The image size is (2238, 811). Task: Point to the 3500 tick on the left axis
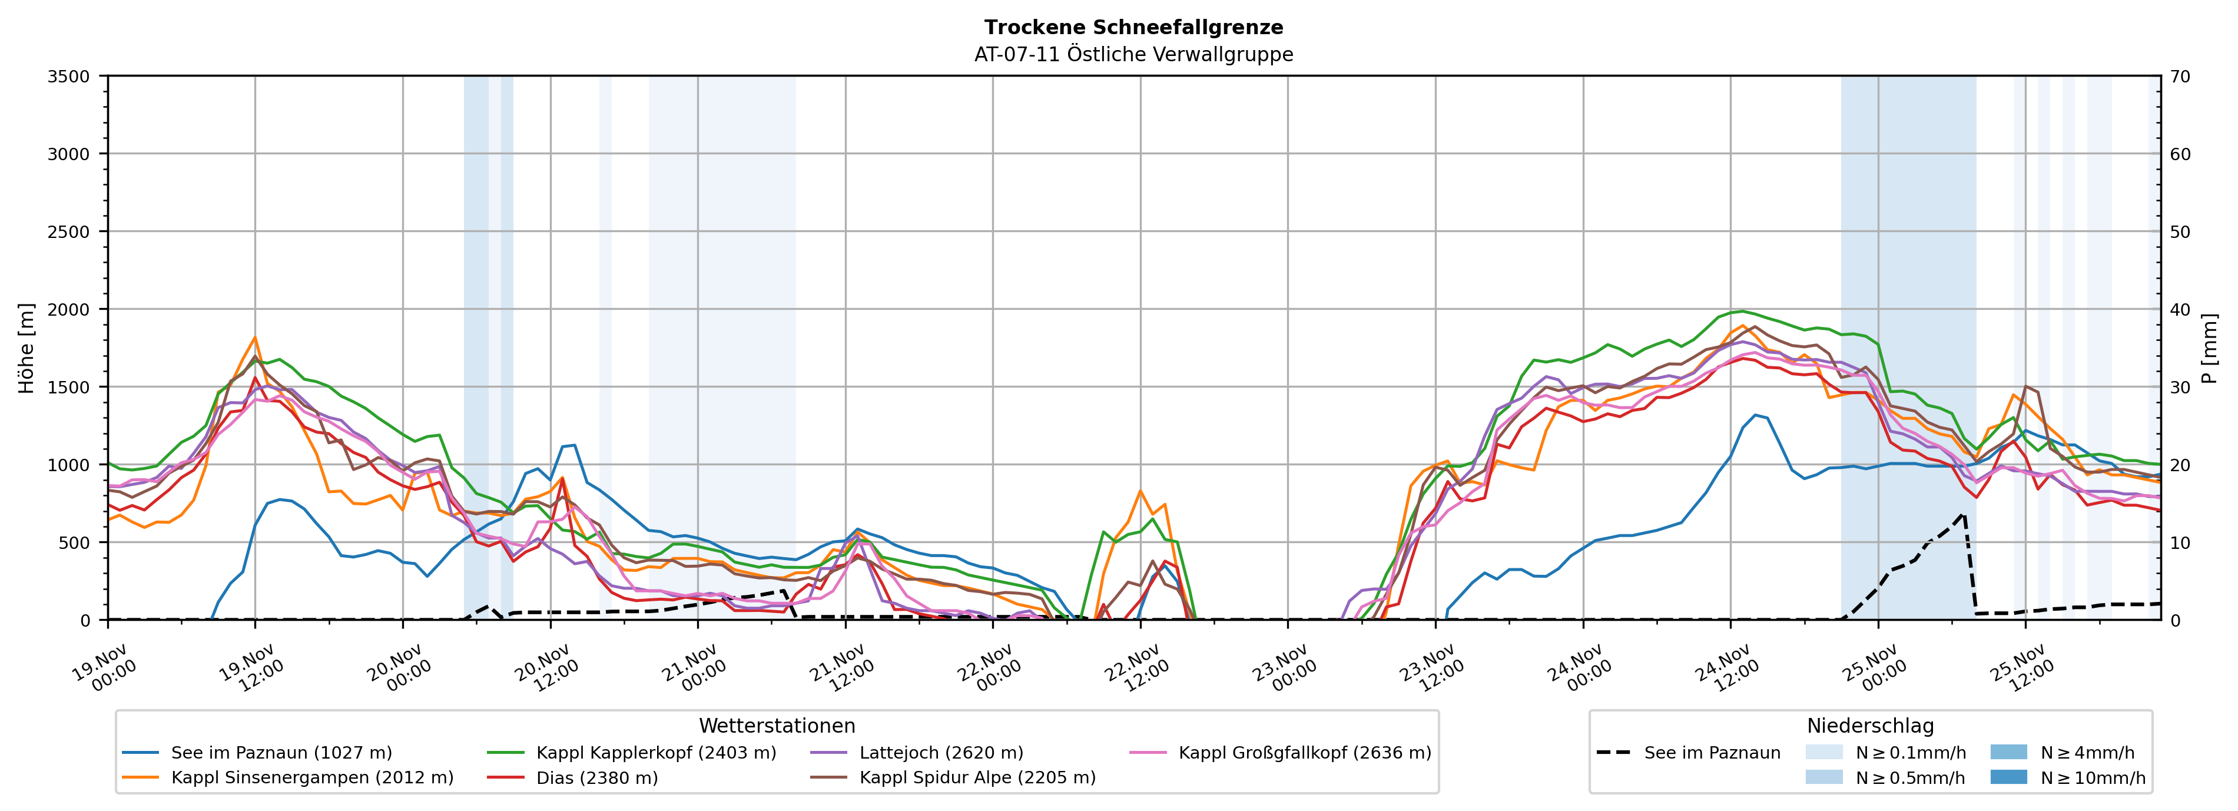tap(69, 77)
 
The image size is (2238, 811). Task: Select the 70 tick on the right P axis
tap(2180, 77)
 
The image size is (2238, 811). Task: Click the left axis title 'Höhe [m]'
tap(27, 347)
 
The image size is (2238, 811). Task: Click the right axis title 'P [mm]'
tap(2209, 347)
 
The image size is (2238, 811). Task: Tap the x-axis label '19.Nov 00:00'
tap(104, 667)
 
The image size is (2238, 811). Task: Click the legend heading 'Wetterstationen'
tap(777, 726)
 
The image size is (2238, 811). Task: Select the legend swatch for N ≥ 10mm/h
tap(2008, 777)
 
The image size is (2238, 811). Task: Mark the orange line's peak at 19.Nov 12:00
tap(254, 337)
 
